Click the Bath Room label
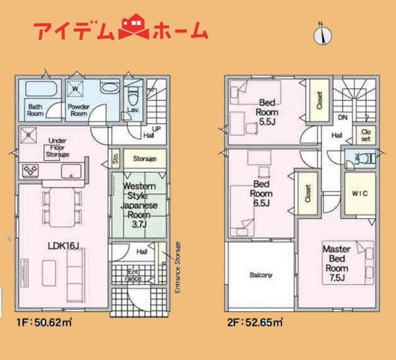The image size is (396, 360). click(36, 110)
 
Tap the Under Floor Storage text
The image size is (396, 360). click(58, 148)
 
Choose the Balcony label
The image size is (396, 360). click(261, 275)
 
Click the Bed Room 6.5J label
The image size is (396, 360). click(259, 193)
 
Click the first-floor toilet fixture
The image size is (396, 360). click(131, 92)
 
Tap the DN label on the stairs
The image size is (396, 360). click(343, 117)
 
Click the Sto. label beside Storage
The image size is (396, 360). click(115, 159)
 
